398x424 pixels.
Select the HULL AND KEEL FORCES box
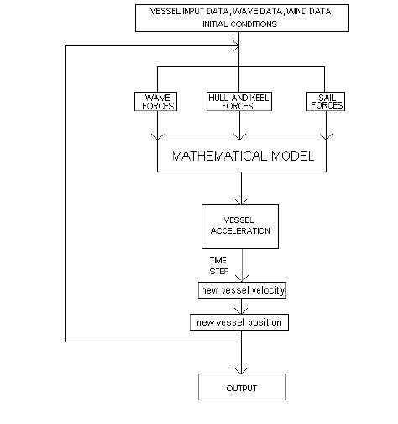pyautogui.click(x=240, y=102)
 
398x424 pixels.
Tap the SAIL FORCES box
pyautogui.click(x=327, y=102)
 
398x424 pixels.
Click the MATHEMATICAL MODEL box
pyautogui.click(x=241, y=156)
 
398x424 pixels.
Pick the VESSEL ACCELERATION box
pyautogui.click(x=241, y=225)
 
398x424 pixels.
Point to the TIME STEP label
pyautogui.click(x=218, y=266)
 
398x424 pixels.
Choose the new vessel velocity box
pyautogui.click(x=241, y=290)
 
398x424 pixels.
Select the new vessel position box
pyautogui.click(x=241, y=322)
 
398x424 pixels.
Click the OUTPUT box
pyautogui.click(x=241, y=388)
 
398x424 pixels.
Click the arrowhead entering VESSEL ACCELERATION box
pyautogui.click(x=241, y=201)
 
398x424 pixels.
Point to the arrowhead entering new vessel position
pyautogui.click(x=241, y=311)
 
